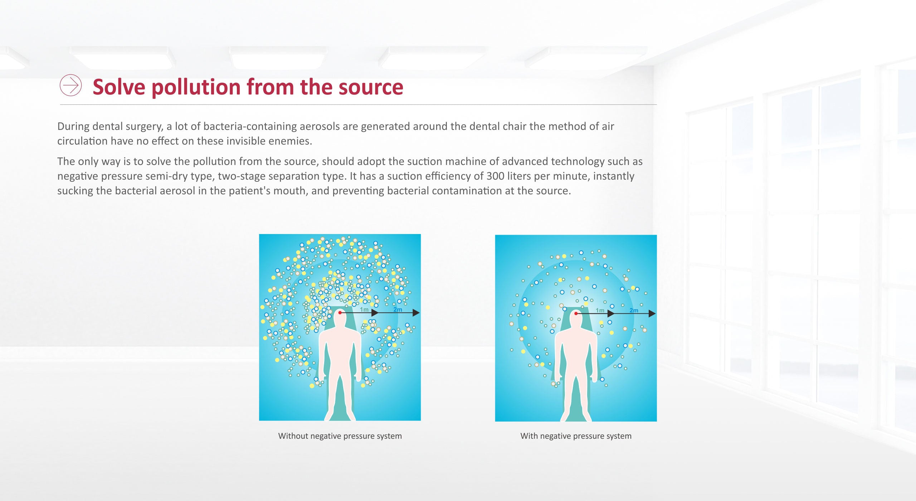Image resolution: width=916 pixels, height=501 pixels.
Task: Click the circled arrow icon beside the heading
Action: (x=70, y=85)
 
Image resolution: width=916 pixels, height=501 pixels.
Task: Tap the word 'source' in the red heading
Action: (x=371, y=87)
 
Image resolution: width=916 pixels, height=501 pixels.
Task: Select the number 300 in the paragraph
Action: (x=495, y=176)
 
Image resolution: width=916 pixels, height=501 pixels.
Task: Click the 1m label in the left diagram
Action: (x=364, y=310)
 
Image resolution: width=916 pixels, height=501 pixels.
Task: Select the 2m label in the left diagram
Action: (x=398, y=310)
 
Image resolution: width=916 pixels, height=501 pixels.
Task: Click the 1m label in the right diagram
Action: (x=600, y=310)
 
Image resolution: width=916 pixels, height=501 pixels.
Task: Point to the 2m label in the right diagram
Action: (x=634, y=310)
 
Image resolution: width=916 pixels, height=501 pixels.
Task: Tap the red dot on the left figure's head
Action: (x=340, y=313)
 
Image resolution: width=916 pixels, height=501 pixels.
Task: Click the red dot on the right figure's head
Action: (x=576, y=313)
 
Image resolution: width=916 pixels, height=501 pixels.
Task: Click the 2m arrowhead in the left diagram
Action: (x=416, y=313)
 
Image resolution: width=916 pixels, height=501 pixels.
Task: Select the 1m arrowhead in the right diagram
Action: (x=611, y=313)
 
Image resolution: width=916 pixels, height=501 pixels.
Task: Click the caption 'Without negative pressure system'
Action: (x=340, y=436)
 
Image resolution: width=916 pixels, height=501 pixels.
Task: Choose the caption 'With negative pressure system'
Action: (x=576, y=436)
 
